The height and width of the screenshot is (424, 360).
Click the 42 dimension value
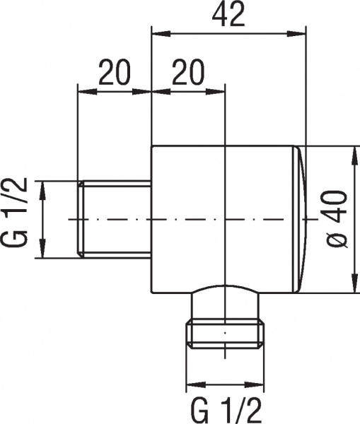[228, 16]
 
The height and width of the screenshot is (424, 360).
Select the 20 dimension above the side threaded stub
[114, 73]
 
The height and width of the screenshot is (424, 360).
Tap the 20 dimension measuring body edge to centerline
[188, 73]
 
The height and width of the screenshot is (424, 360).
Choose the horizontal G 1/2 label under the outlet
[224, 409]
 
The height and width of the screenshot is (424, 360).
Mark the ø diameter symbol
[337, 240]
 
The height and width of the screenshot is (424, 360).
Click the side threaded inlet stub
[117, 220]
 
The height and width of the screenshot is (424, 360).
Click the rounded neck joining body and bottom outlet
[224, 300]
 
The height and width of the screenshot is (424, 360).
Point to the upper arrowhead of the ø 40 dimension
[353, 153]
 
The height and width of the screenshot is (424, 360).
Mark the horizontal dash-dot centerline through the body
[184, 220]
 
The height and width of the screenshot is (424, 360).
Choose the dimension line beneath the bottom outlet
[224, 387]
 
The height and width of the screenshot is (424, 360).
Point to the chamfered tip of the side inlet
[80, 220]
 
